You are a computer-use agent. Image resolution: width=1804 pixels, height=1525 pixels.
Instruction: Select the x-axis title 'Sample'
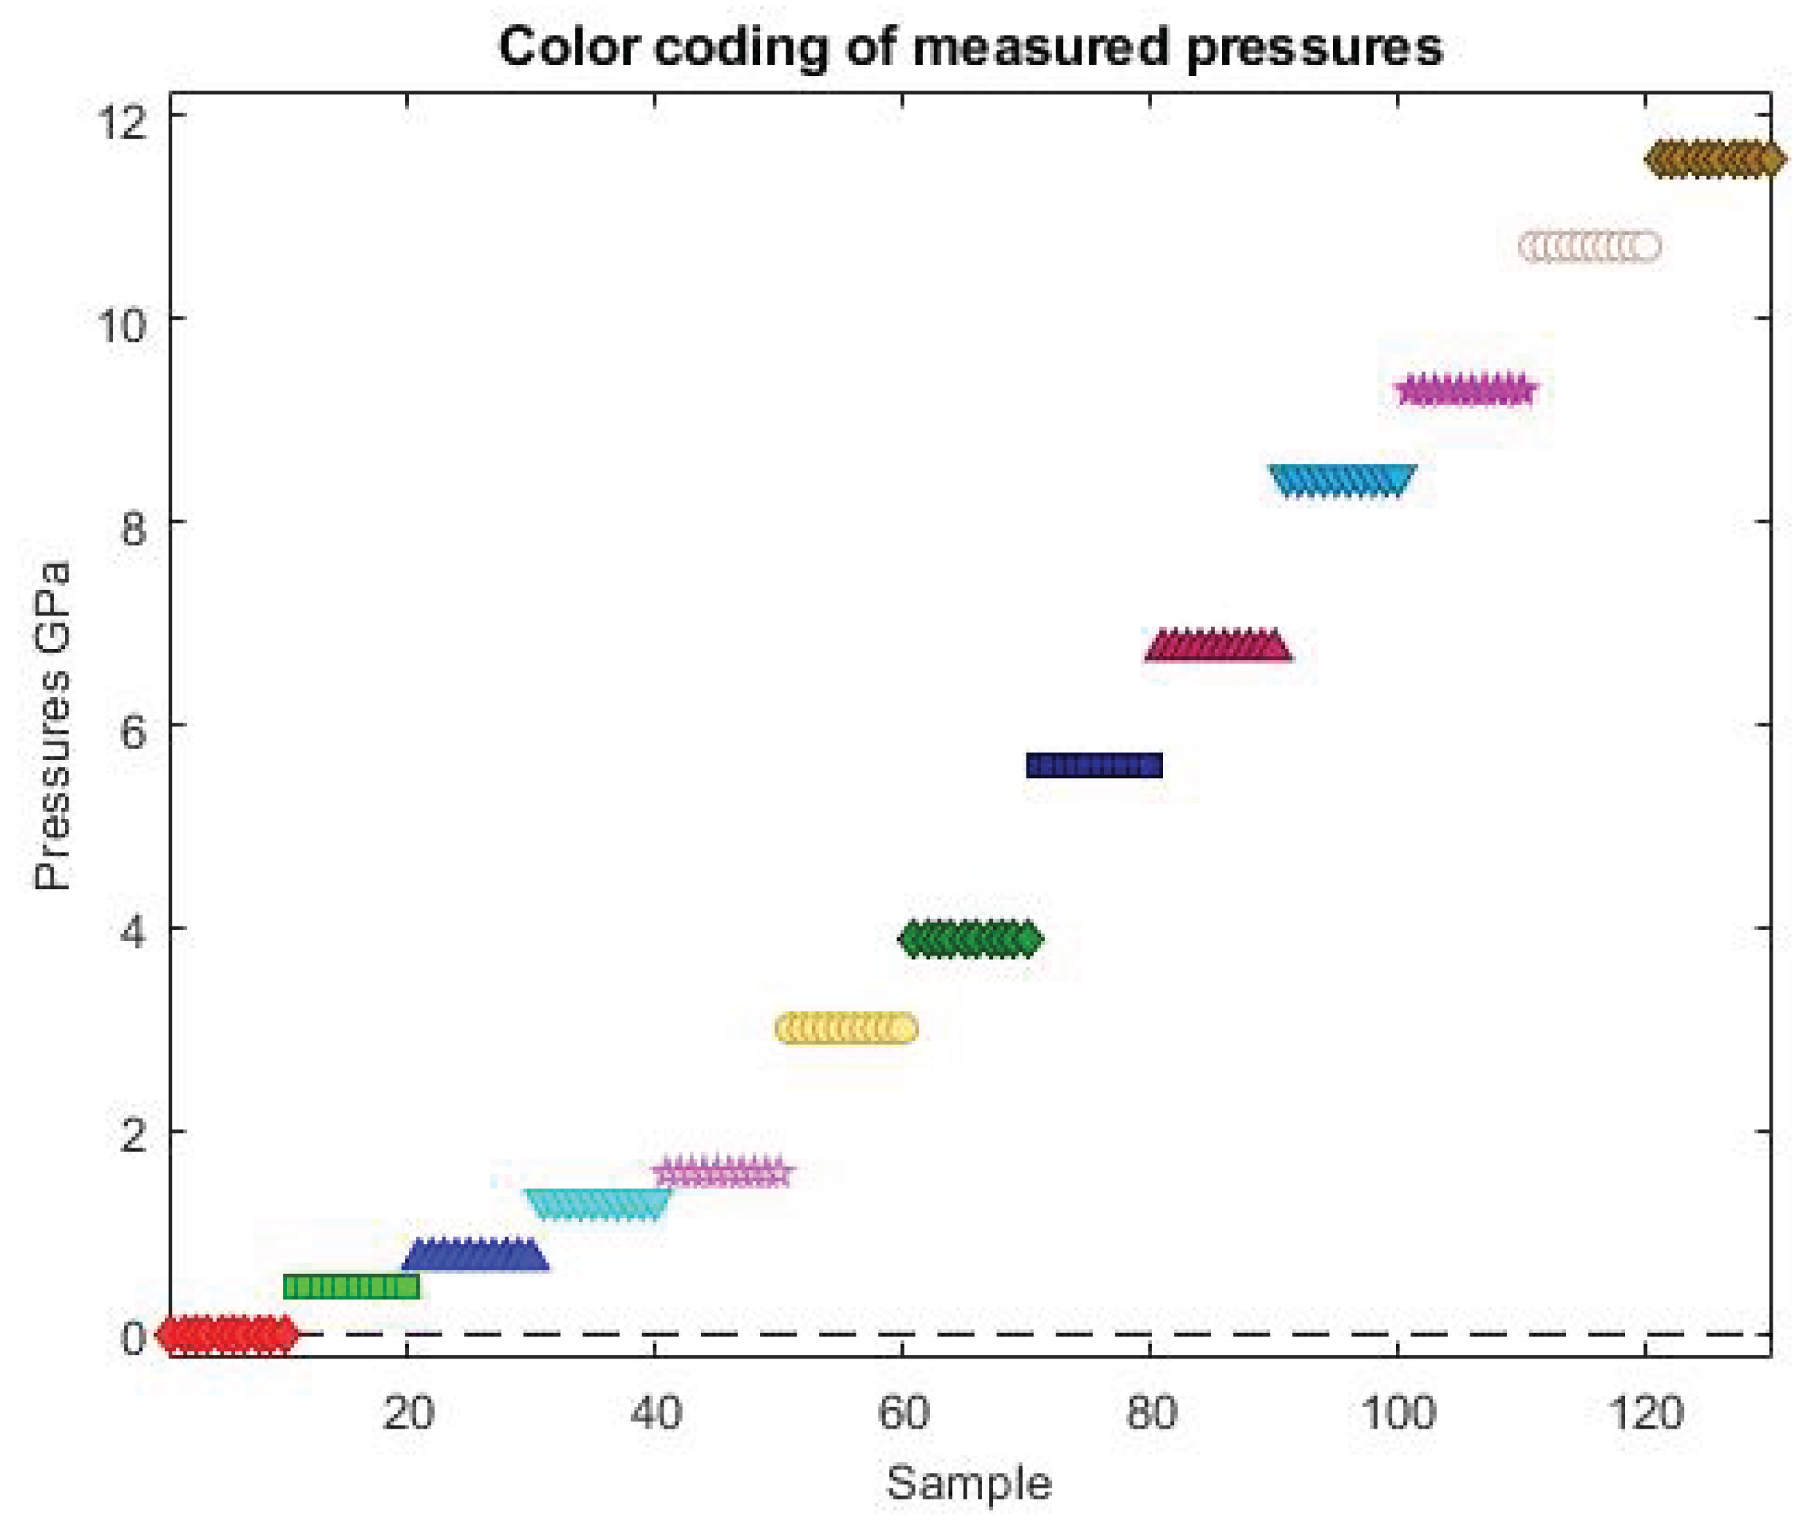tap(968, 1483)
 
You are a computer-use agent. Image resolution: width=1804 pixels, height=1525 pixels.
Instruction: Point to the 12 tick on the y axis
tap(131, 121)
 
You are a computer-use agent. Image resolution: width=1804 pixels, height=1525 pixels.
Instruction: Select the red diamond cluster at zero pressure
tap(227, 1334)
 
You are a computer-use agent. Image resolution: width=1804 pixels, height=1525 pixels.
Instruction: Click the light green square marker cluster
tap(351, 1286)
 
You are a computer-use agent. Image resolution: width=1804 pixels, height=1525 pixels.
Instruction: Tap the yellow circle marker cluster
tap(846, 1029)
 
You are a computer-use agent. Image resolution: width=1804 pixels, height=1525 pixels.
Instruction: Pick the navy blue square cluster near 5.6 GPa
tap(1094, 765)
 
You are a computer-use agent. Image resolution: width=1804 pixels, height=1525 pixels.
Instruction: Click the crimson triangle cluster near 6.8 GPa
tap(1218, 645)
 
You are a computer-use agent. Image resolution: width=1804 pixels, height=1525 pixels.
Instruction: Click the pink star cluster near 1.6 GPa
tap(723, 1172)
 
